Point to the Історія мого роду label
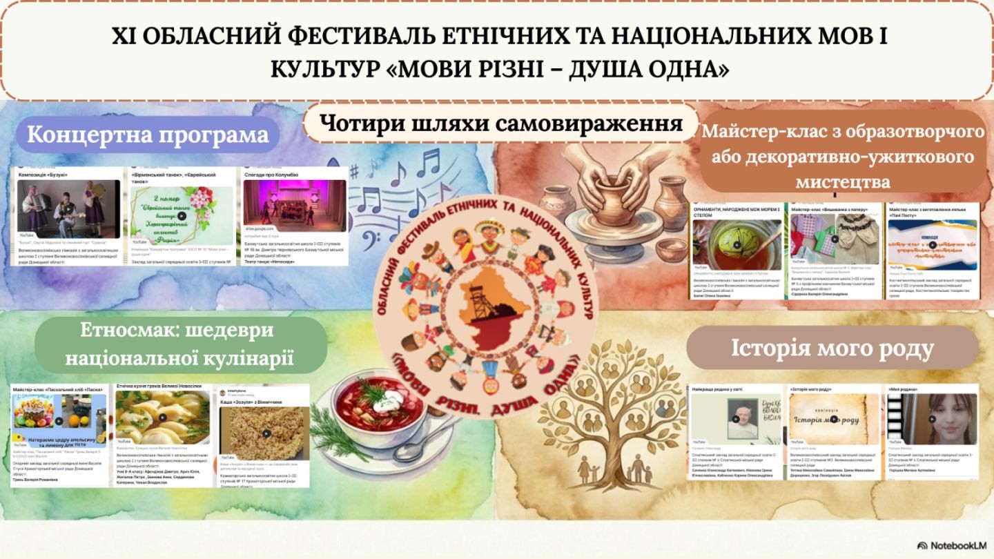click(x=832, y=348)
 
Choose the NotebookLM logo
click(x=951, y=545)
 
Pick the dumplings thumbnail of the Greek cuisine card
click(x=163, y=421)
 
